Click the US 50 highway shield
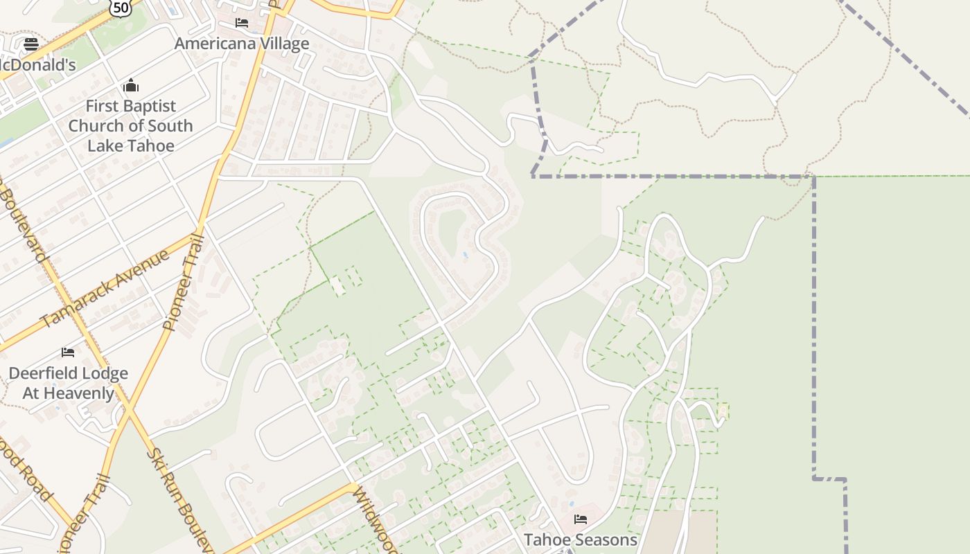[x=121, y=7]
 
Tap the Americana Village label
[x=242, y=44]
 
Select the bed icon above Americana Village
[x=242, y=23]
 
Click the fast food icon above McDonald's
[x=31, y=45]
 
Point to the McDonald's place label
[x=37, y=65]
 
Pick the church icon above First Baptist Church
[x=131, y=87]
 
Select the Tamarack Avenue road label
[x=105, y=288]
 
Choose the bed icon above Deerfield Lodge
[x=68, y=352]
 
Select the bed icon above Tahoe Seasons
[x=581, y=519]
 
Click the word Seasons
[x=608, y=539]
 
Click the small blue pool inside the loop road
[x=465, y=255]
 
